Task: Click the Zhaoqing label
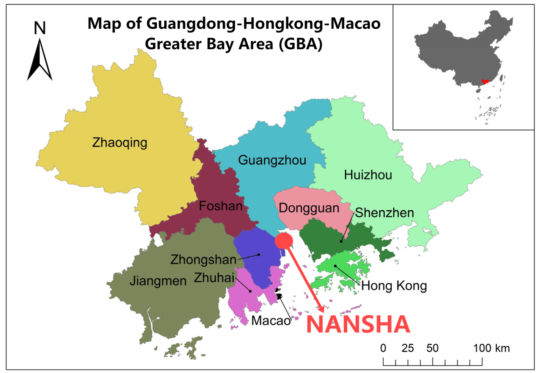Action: coord(119,143)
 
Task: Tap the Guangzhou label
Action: coord(272,160)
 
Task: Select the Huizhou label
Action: coord(368,175)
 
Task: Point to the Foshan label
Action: coord(220,206)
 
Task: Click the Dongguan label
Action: coord(309,208)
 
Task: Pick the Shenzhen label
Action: coord(384,213)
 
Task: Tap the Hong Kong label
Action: coord(394,286)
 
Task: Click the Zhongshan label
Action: coord(203,260)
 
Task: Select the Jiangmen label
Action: coord(158,281)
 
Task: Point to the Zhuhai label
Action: coord(214,277)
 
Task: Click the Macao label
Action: coord(271,321)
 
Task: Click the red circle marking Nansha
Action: coord(284,241)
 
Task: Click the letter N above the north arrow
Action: coord(40,28)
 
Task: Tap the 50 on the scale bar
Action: coord(432,348)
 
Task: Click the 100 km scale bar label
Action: coord(491,348)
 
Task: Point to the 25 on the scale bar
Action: coord(407,348)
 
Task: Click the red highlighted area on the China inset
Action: coord(485,82)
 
